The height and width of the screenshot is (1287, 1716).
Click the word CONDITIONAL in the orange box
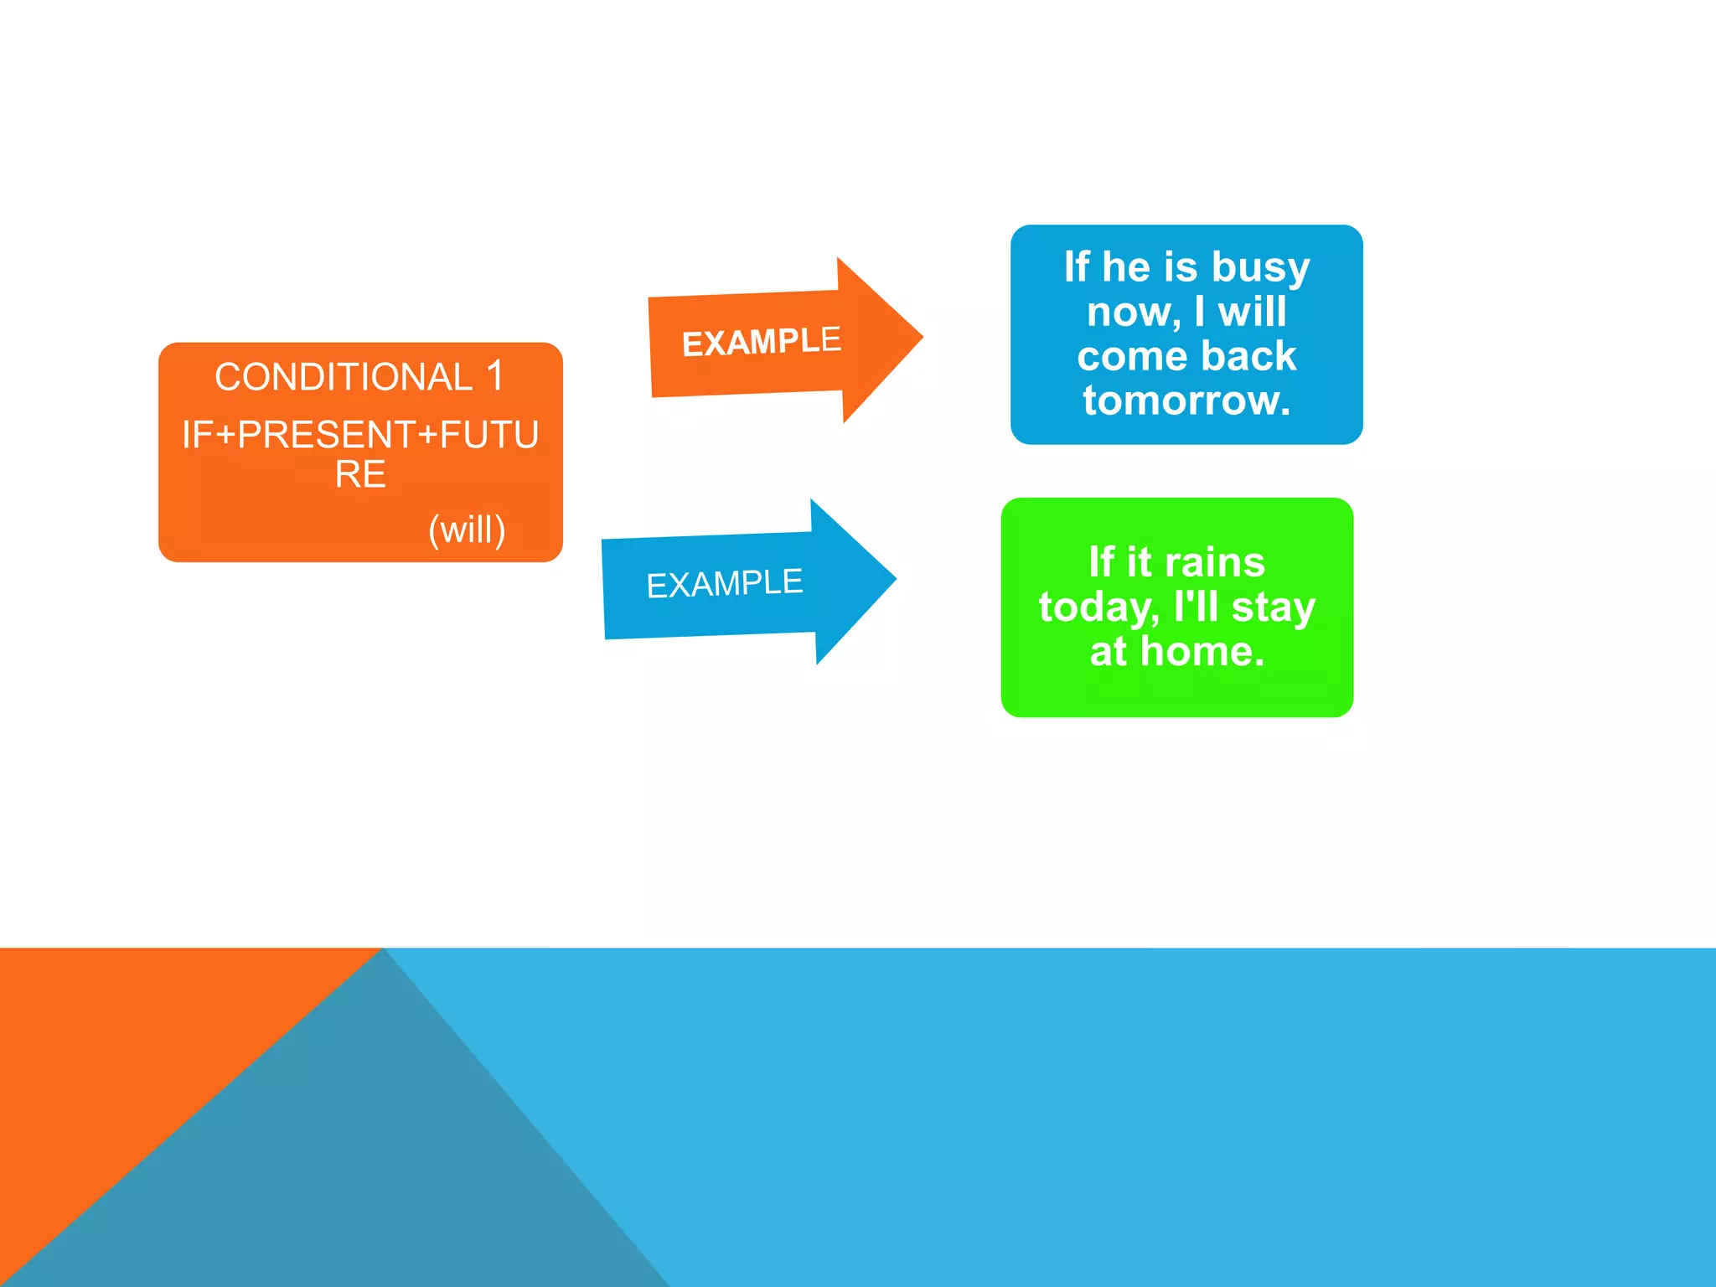344,377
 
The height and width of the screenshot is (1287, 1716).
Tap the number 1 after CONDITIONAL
495,375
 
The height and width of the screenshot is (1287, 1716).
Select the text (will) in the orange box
467,530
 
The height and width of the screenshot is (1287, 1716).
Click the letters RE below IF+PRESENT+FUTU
360,475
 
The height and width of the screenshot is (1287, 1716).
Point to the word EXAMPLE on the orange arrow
761,342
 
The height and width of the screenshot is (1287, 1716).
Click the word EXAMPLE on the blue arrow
725,583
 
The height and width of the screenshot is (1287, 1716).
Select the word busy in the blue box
1260,268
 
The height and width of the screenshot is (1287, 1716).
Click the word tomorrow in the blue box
1186,401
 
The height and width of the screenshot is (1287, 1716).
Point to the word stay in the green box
1273,607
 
